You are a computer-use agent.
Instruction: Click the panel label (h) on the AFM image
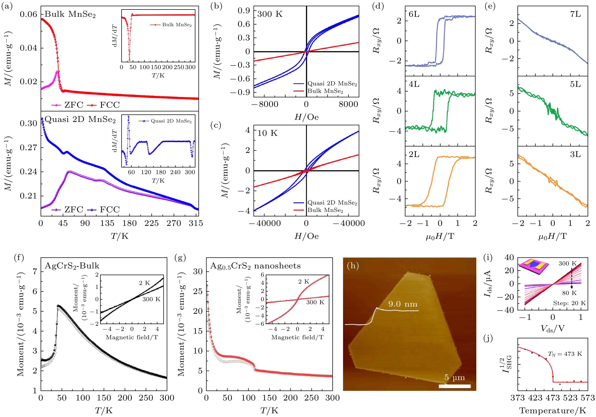coord(353,266)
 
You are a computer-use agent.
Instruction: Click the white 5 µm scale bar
coord(455,386)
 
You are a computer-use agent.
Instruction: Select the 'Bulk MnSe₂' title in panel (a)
coord(70,14)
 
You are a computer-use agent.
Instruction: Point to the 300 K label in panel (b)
coord(270,14)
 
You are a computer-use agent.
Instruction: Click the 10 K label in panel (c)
coord(267,133)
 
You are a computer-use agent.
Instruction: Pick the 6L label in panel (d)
coord(414,14)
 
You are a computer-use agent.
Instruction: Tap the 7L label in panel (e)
coord(575,14)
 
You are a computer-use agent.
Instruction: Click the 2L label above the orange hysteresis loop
coord(414,154)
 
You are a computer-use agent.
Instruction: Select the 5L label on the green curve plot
coord(575,84)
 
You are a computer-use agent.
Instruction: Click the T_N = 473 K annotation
coord(565,354)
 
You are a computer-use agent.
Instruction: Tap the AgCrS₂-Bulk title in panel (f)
coord(72,266)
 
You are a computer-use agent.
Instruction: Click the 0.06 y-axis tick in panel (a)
coord(28,14)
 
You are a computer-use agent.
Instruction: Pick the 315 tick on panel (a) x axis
coord(196,223)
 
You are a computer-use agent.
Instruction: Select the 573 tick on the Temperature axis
coord(587,398)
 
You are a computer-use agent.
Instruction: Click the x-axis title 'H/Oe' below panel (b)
coord(306,117)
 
